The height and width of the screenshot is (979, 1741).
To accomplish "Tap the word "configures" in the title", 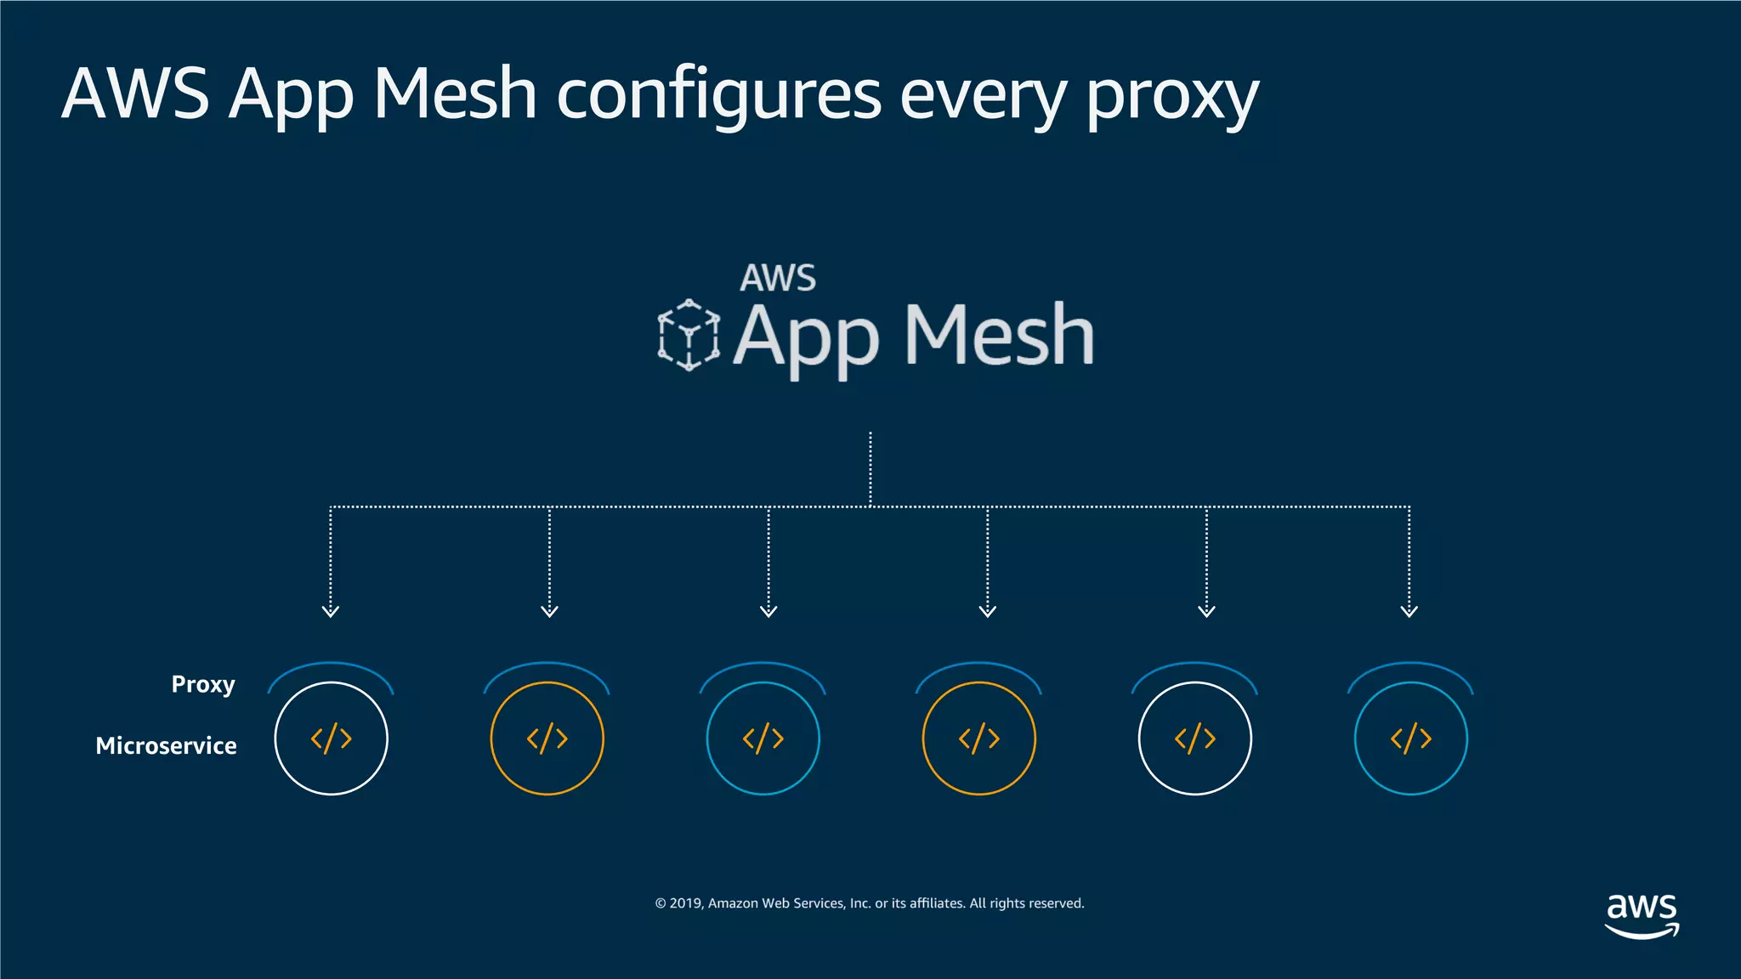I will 718,95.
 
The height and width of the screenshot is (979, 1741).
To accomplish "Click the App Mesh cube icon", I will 689,335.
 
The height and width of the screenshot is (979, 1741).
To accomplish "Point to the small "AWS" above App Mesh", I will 778,278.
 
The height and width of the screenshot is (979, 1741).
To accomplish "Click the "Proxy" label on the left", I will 202,684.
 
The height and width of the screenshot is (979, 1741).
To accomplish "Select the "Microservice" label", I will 166,745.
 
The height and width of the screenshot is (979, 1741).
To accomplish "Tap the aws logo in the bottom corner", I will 1642,915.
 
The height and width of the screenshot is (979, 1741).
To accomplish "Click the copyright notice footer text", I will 870,903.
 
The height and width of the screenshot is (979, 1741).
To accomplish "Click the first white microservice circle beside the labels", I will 332,738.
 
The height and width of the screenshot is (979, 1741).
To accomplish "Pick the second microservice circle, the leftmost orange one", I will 547,738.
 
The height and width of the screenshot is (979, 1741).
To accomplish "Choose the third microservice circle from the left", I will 763,738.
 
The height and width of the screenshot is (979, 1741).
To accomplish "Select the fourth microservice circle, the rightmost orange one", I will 979,738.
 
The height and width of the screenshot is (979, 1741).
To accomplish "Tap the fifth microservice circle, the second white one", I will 1195,738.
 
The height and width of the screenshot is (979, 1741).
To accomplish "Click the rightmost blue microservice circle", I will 1411,738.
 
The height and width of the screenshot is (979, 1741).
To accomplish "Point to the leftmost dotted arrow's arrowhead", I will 331,610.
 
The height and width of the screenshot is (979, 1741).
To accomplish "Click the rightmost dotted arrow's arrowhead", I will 1409,610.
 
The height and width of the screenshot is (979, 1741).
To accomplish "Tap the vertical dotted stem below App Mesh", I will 870,467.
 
